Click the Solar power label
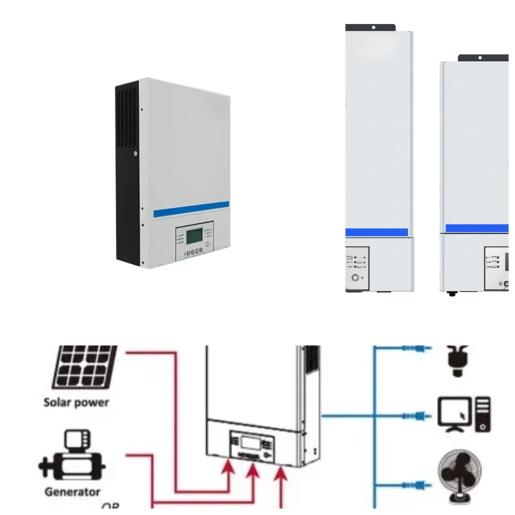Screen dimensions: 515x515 coord(76,403)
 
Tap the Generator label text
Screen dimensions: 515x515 coord(72,492)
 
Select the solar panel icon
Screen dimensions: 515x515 coord(84,367)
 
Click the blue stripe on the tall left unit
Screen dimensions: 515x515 coord(377,232)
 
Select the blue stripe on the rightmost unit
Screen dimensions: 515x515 coord(476,228)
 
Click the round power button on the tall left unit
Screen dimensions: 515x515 coord(355,278)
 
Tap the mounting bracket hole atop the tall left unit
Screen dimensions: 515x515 coord(373,27)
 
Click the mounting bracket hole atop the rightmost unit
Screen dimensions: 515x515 coord(480,58)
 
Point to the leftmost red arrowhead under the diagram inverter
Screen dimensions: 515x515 coord(230,466)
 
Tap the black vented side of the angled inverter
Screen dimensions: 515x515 coord(127,172)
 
